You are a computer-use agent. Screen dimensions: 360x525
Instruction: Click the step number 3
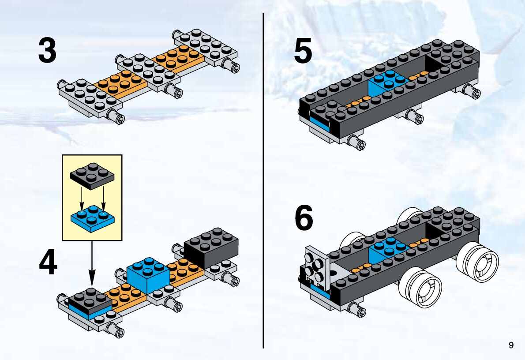pyautogui.click(x=47, y=51)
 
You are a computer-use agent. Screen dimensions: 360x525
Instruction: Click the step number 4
pyautogui.click(x=48, y=264)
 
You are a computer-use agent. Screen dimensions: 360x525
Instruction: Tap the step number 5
pyautogui.click(x=303, y=51)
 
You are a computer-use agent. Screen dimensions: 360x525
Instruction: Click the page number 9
pyautogui.click(x=511, y=345)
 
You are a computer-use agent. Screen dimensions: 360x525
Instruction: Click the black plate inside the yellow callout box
pyautogui.click(x=92, y=175)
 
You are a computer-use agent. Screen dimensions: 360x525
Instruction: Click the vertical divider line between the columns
pyautogui.click(x=263, y=176)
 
